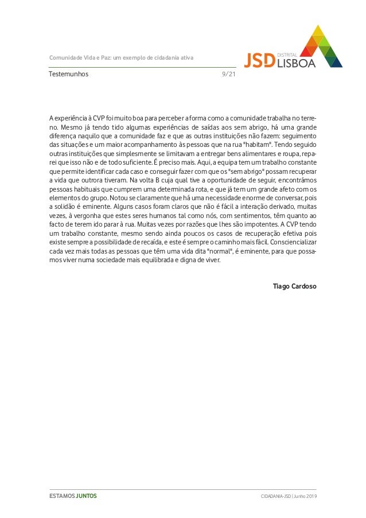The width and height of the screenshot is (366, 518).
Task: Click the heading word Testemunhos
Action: coord(69,74)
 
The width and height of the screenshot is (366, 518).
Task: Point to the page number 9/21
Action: coord(228,74)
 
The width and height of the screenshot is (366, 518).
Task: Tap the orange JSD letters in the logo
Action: coord(260,60)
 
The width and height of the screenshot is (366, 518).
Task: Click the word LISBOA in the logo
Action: coord(296,63)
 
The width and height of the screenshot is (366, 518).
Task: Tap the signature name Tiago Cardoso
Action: coord(294,285)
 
